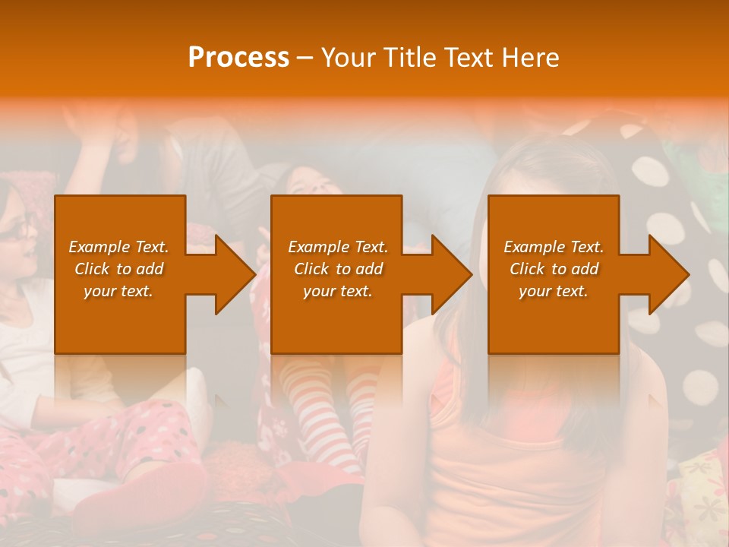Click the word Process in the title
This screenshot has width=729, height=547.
coord(238,57)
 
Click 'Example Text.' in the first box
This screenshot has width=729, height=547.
coord(118,247)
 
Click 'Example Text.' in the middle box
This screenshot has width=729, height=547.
coord(337,247)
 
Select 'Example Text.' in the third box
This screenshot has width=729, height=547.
coord(554,247)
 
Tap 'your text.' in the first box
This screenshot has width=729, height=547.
coord(118,291)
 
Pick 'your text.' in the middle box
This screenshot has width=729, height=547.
coord(337,291)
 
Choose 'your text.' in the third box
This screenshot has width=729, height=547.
coord(554,291)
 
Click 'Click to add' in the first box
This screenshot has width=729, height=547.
coord(118,269)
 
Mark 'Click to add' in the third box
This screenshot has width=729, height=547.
coord(554,269)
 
